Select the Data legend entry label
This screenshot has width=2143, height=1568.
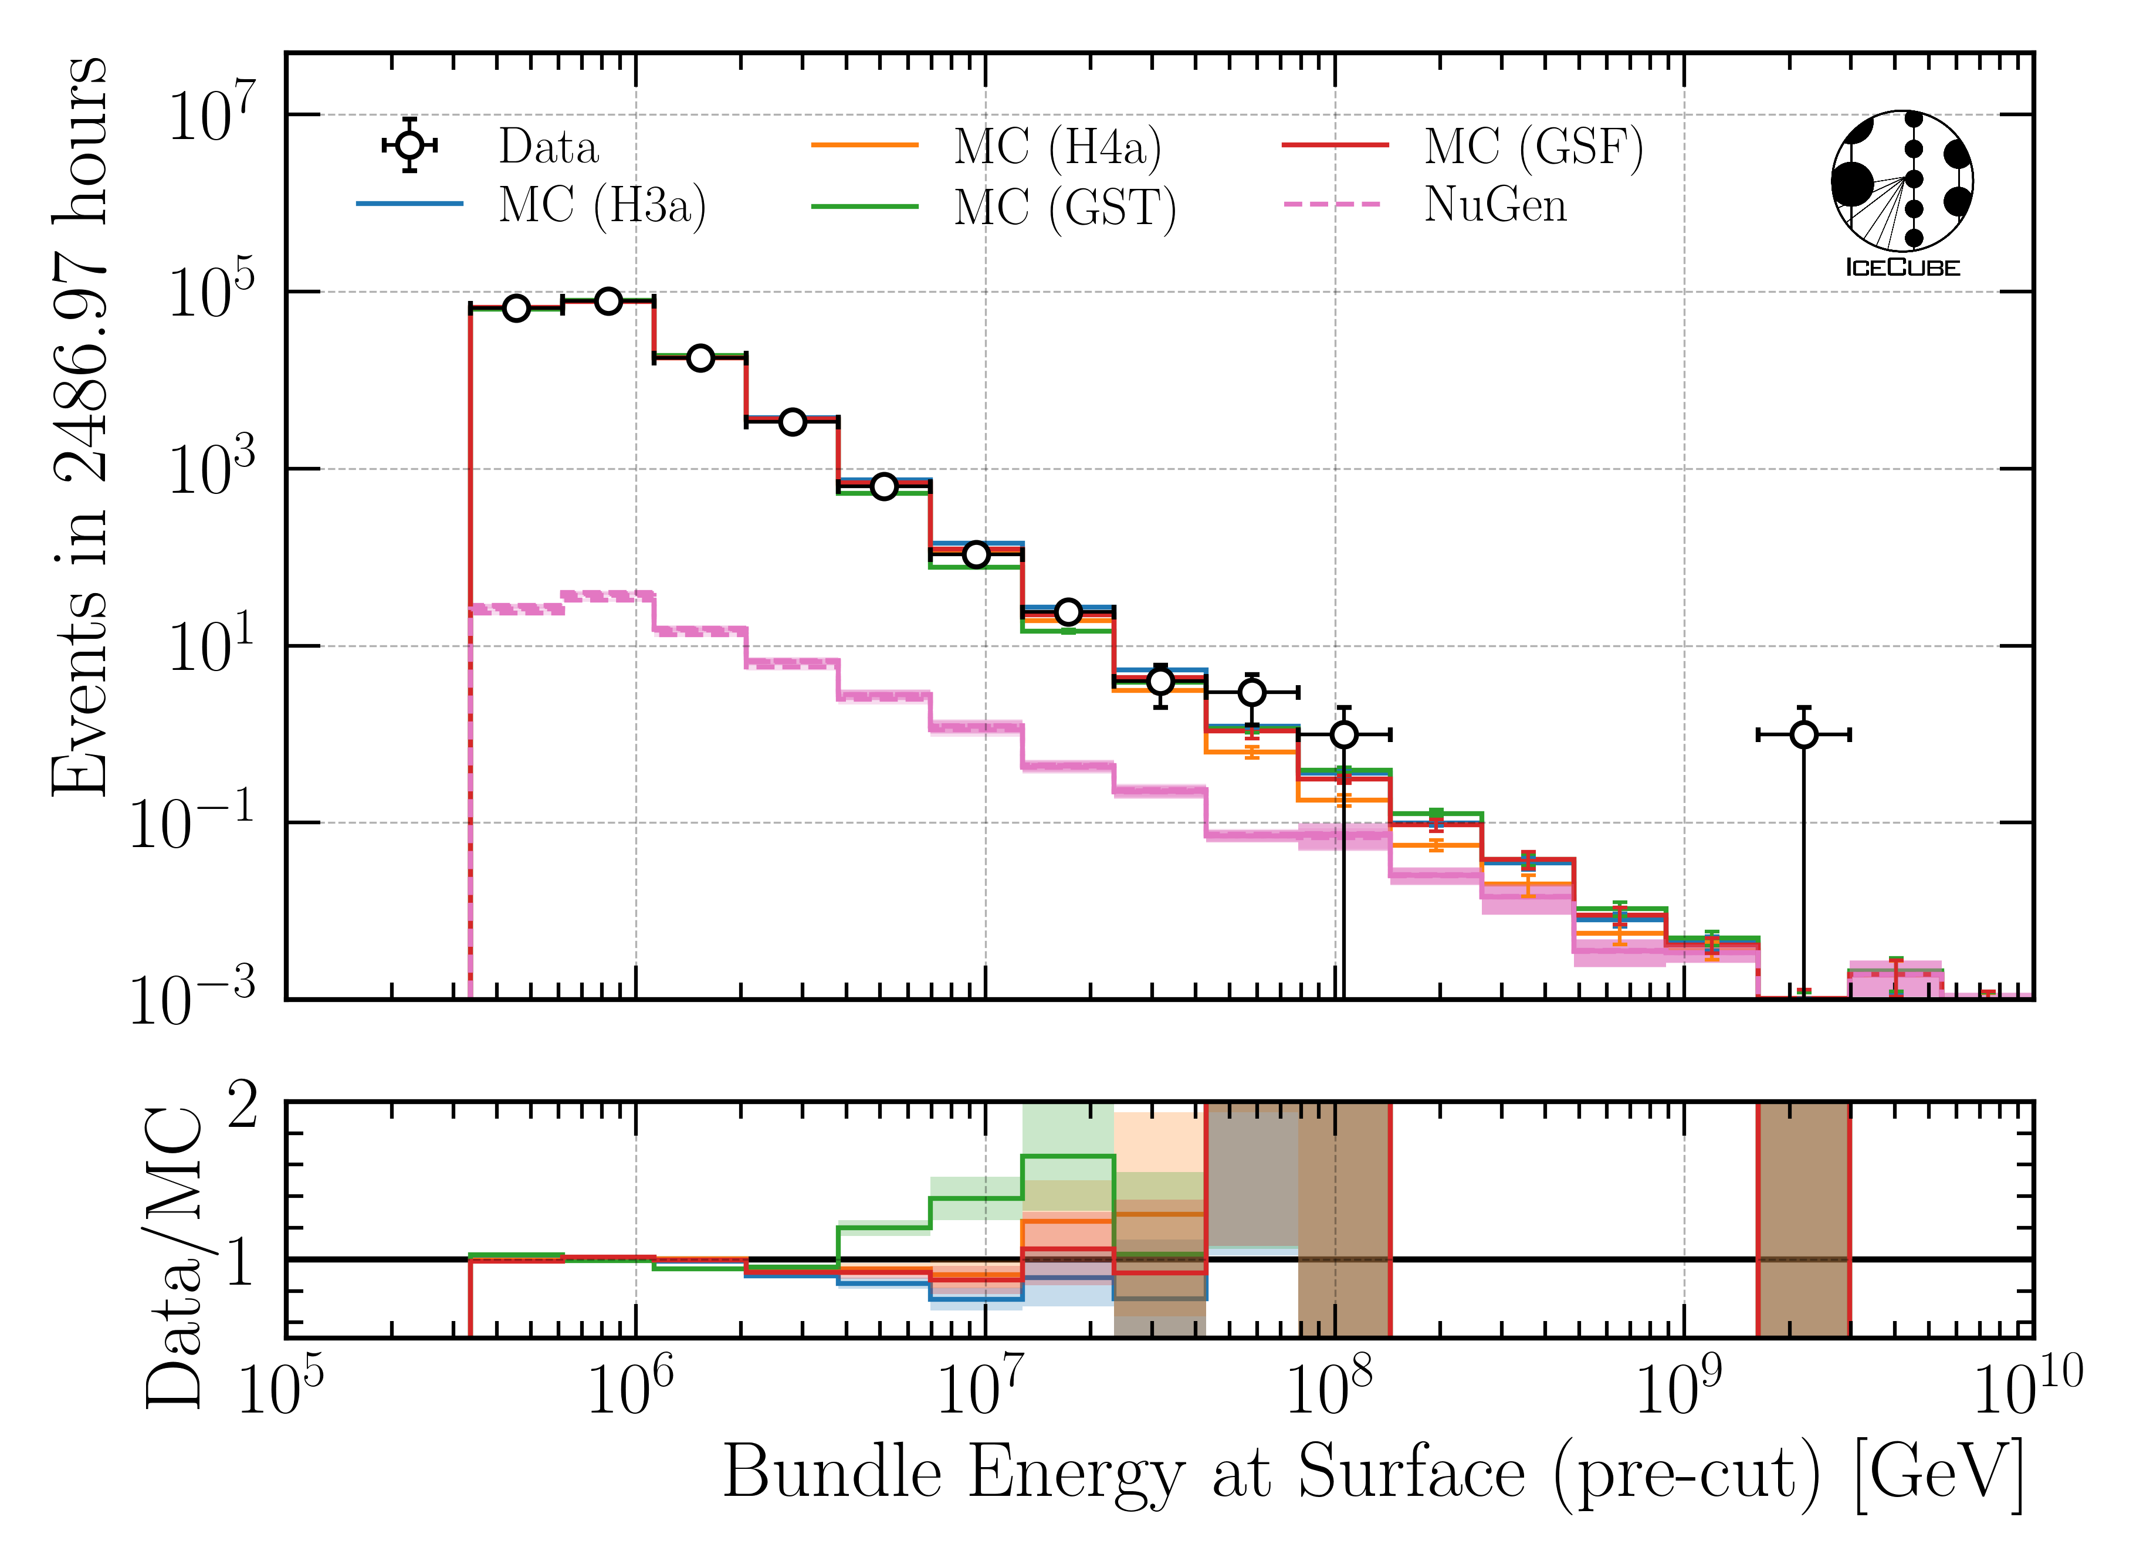[x=549, y=147]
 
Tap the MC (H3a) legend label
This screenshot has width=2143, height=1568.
[x=602, y=206]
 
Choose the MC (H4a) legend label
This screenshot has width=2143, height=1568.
[x=1057, y=147]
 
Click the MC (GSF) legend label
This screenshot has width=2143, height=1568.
[x=1533, y=147]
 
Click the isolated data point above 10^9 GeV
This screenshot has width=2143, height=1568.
[x=1804, y=734]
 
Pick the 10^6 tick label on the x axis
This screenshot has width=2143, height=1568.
[x=631, y=1390]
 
